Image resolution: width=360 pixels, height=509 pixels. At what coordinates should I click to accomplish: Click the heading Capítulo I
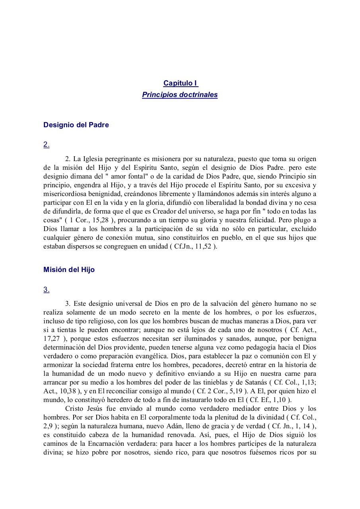click(180, 83)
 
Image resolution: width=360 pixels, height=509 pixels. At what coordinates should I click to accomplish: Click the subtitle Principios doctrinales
click(180, 95)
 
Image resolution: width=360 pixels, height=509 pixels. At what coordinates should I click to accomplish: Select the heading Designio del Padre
click(76, 125)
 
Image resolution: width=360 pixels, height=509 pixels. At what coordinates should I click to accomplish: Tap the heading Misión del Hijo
click(69, 270)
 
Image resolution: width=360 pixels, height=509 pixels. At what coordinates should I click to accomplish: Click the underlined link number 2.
click(46, 145)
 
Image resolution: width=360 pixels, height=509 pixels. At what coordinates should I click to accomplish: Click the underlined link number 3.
click(46, 289)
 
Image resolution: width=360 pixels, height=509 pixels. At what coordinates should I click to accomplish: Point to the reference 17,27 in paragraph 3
click(51, 338)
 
